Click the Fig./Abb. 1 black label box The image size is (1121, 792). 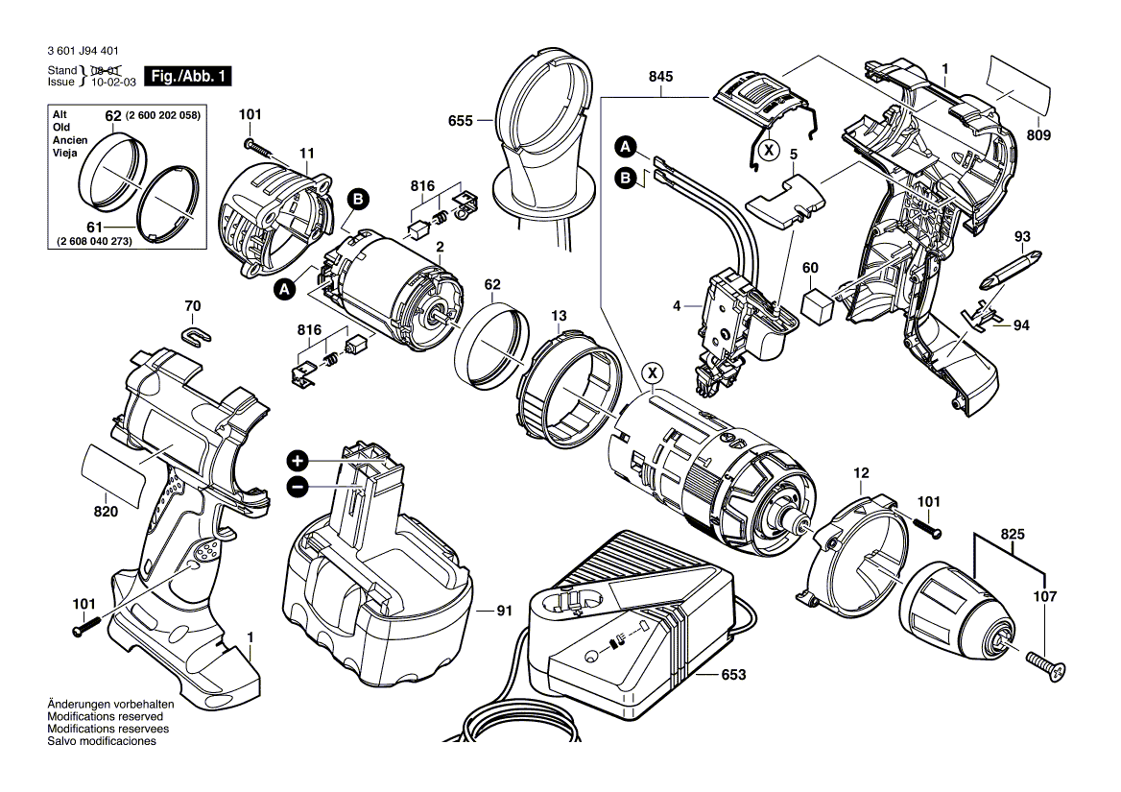187,76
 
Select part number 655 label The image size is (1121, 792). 461,121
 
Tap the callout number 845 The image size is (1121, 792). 660,77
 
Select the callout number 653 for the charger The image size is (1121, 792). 733,675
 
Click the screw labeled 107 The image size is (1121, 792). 1045,665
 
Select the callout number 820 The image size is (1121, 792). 106,513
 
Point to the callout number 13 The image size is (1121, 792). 558,316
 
